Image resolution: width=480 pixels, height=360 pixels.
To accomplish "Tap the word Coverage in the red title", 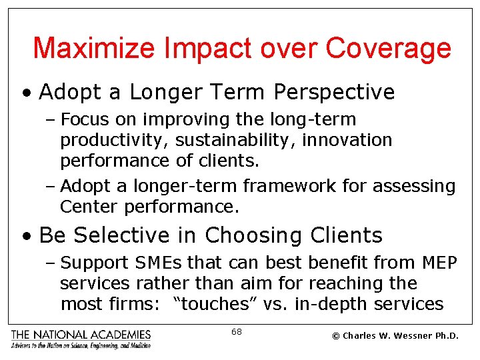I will tap(389, 49).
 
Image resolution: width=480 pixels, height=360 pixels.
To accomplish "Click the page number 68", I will tap(237, 331).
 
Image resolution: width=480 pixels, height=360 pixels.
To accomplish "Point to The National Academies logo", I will tap(81, 339).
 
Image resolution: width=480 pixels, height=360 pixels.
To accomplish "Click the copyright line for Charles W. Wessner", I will tap(395, 335).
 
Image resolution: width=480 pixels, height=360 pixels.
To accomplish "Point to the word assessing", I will tap(413, 187).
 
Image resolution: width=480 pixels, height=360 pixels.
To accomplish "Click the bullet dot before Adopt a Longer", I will tap(27, 93).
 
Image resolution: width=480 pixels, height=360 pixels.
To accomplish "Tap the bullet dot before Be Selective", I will tap(27, 236).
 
